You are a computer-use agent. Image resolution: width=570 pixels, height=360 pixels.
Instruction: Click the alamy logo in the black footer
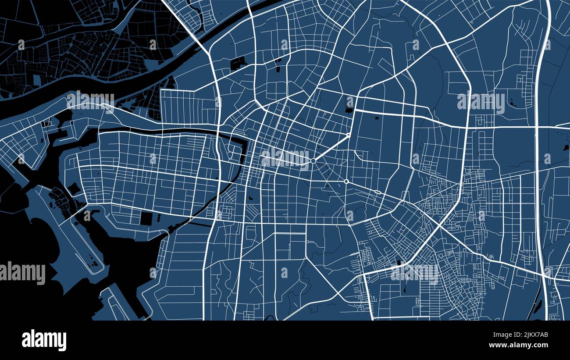(44, 340)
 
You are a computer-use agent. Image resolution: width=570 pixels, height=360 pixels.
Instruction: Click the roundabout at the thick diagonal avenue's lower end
(313, 161)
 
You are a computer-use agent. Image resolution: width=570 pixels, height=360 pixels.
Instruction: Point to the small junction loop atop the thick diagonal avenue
(349, 135)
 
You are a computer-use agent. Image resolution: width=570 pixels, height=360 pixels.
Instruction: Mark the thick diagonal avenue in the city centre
(331, 148)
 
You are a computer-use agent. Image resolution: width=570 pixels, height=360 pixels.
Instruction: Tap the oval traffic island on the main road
(377, 192)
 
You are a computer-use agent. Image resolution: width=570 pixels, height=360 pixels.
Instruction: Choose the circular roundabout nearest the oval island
(346, 181)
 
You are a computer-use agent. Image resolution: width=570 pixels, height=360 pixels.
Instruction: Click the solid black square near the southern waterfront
(146, 218)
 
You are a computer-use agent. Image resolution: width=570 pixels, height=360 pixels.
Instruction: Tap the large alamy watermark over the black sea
(22, 273)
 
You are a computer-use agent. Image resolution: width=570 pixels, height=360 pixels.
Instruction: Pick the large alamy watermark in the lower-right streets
(414, 273)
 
